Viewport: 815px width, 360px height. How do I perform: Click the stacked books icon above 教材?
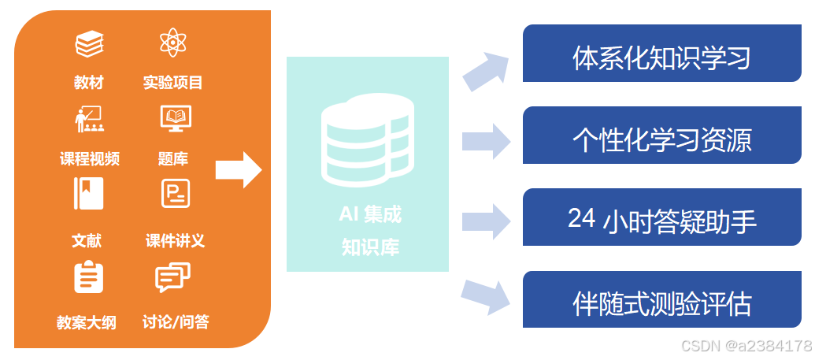(x=90, y=44)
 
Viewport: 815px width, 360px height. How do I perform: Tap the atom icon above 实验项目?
(x=172, y=43)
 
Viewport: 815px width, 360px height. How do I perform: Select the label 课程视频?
(x=90, y=159)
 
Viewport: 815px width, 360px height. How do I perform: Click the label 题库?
(x=173, y=159)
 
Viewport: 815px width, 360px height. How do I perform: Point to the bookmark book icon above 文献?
(x=89, y=194)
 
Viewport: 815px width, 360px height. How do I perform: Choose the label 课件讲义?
(x=175, y=241)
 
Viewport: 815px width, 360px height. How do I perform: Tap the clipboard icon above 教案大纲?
(x=89, y=276)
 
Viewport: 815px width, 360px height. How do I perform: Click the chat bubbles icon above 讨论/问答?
(x=173, y=277)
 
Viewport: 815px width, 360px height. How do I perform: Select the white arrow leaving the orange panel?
(x=239, y=169)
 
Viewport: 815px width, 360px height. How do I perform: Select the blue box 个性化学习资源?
(x=661, y=139)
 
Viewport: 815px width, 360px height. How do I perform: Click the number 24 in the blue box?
(x=581, y=219)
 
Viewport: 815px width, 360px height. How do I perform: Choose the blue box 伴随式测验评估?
(x=661, y=303)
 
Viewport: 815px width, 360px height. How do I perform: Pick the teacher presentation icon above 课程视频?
(x=89, y=117)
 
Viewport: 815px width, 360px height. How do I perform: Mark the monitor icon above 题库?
(x=175, y=118)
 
